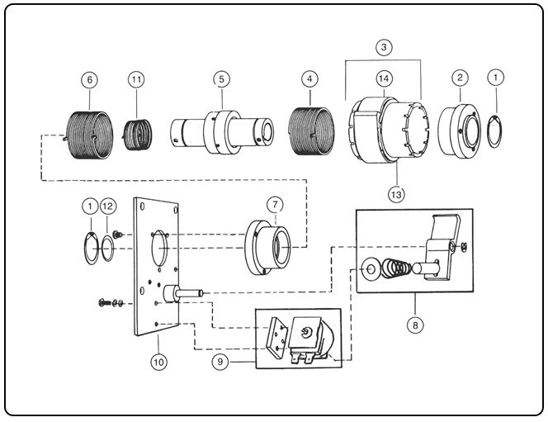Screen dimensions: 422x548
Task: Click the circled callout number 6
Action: pos(89,80)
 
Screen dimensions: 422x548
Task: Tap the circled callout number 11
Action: pos(137,79)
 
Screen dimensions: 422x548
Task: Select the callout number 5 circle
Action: pos(220,79)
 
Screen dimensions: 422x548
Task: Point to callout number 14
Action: pos(309,80)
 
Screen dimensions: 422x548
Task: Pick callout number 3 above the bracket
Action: pos(383,47)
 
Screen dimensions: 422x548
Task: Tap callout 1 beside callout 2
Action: pos(495,78)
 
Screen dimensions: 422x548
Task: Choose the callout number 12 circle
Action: pos(110,205)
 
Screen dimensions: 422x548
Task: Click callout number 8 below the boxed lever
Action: pos(414,325)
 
